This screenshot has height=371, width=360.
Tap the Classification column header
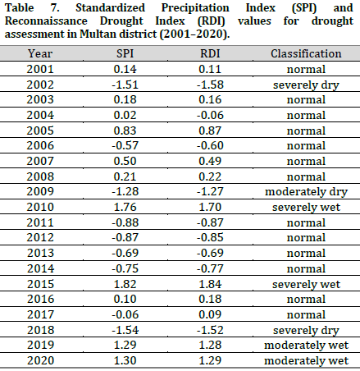306,54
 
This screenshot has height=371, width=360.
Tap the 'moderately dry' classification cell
306,191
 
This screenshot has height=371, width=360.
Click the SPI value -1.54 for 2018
134,329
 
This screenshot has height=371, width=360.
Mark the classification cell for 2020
306,360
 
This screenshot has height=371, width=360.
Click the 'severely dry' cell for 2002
306,84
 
